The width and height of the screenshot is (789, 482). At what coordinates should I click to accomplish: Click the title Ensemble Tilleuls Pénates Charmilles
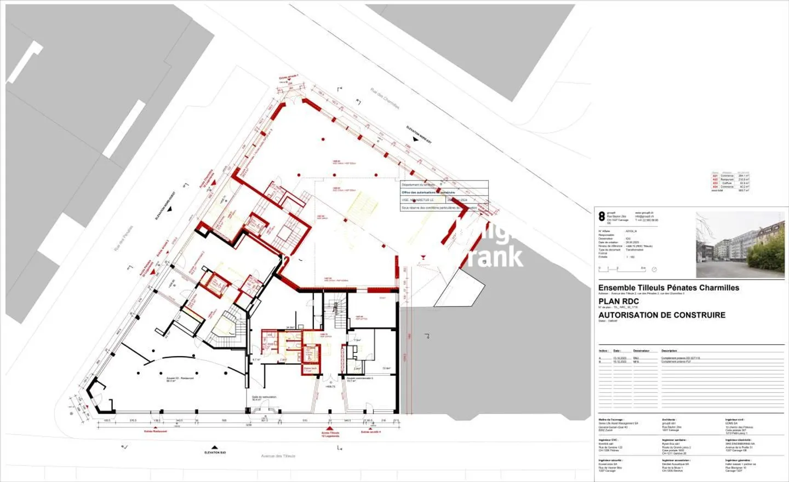668,288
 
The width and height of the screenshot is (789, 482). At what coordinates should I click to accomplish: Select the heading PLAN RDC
619,301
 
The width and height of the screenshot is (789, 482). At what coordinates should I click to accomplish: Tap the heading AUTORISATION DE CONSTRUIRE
661,315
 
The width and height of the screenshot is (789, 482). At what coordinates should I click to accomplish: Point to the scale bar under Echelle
622,269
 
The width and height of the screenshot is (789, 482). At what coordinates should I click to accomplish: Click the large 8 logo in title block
602,217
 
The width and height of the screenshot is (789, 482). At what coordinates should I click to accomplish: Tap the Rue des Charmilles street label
385,98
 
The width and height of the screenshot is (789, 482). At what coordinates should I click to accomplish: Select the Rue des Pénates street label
123,239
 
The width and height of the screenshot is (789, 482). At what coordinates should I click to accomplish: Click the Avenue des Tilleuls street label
278,456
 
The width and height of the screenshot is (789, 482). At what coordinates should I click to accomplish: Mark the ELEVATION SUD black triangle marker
215,448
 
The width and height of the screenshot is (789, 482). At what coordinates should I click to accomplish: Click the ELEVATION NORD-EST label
419,133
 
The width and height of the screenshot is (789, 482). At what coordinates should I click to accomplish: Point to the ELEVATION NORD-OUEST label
165,205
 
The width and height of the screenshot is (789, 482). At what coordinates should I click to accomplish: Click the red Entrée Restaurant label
156,431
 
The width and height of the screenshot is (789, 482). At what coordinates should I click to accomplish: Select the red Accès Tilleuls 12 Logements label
330,434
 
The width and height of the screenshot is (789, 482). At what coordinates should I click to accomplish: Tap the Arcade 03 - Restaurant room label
180,379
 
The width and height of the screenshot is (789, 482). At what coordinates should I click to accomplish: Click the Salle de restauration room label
264,398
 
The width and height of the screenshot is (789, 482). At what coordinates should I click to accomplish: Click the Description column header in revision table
669,351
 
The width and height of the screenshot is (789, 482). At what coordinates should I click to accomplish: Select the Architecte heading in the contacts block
668,420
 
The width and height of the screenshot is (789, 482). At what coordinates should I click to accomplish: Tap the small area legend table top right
730,182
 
